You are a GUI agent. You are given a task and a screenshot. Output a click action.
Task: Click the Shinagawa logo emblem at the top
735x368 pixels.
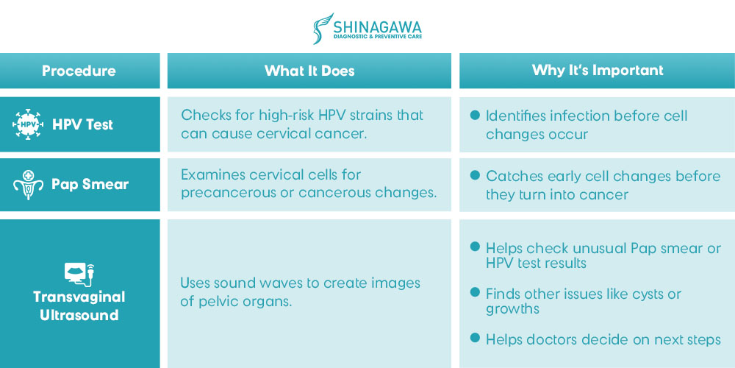[x=323, y=29]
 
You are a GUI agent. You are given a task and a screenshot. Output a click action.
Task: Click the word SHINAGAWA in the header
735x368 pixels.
[x=377, y=25]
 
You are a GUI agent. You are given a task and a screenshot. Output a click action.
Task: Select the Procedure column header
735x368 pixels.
[x=79, y=71]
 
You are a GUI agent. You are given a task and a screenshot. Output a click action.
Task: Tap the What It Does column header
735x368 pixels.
[x=309, y=71]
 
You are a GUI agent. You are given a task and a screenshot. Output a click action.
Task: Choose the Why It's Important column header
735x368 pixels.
[x=598, y=71]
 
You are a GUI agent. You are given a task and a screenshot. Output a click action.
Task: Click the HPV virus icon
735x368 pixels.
[x=28, y=124]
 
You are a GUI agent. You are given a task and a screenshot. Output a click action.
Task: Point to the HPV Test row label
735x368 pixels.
[x=83, y=124]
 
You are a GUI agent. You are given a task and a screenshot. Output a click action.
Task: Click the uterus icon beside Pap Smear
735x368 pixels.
[x=28, y=185]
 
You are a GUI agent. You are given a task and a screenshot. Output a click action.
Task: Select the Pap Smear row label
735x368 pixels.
[x=90, y=185]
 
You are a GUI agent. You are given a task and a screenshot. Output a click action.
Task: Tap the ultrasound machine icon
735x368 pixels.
[x=79, y=274]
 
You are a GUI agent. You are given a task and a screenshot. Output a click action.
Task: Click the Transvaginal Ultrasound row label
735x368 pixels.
[x=79, y=305]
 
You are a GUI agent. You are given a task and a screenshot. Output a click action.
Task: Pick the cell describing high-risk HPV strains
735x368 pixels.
[x=302, y=124]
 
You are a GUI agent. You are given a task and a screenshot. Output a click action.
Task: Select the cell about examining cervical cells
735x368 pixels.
[x=309, y=184]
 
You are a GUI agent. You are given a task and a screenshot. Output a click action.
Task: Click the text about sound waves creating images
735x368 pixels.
[x=301, y=292]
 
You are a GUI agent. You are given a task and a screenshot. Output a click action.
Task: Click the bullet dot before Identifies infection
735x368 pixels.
[x=476, y=115]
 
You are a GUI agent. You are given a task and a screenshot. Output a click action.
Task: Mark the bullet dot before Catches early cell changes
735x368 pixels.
[x=476, y=175]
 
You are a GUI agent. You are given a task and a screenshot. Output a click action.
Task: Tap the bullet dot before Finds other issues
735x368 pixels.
[x=476, y=292]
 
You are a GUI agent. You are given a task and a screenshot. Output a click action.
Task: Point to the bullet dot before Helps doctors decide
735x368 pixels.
[x=476, y=337]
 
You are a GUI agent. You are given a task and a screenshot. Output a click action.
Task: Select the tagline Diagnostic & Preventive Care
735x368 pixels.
[x=377, y=36]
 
